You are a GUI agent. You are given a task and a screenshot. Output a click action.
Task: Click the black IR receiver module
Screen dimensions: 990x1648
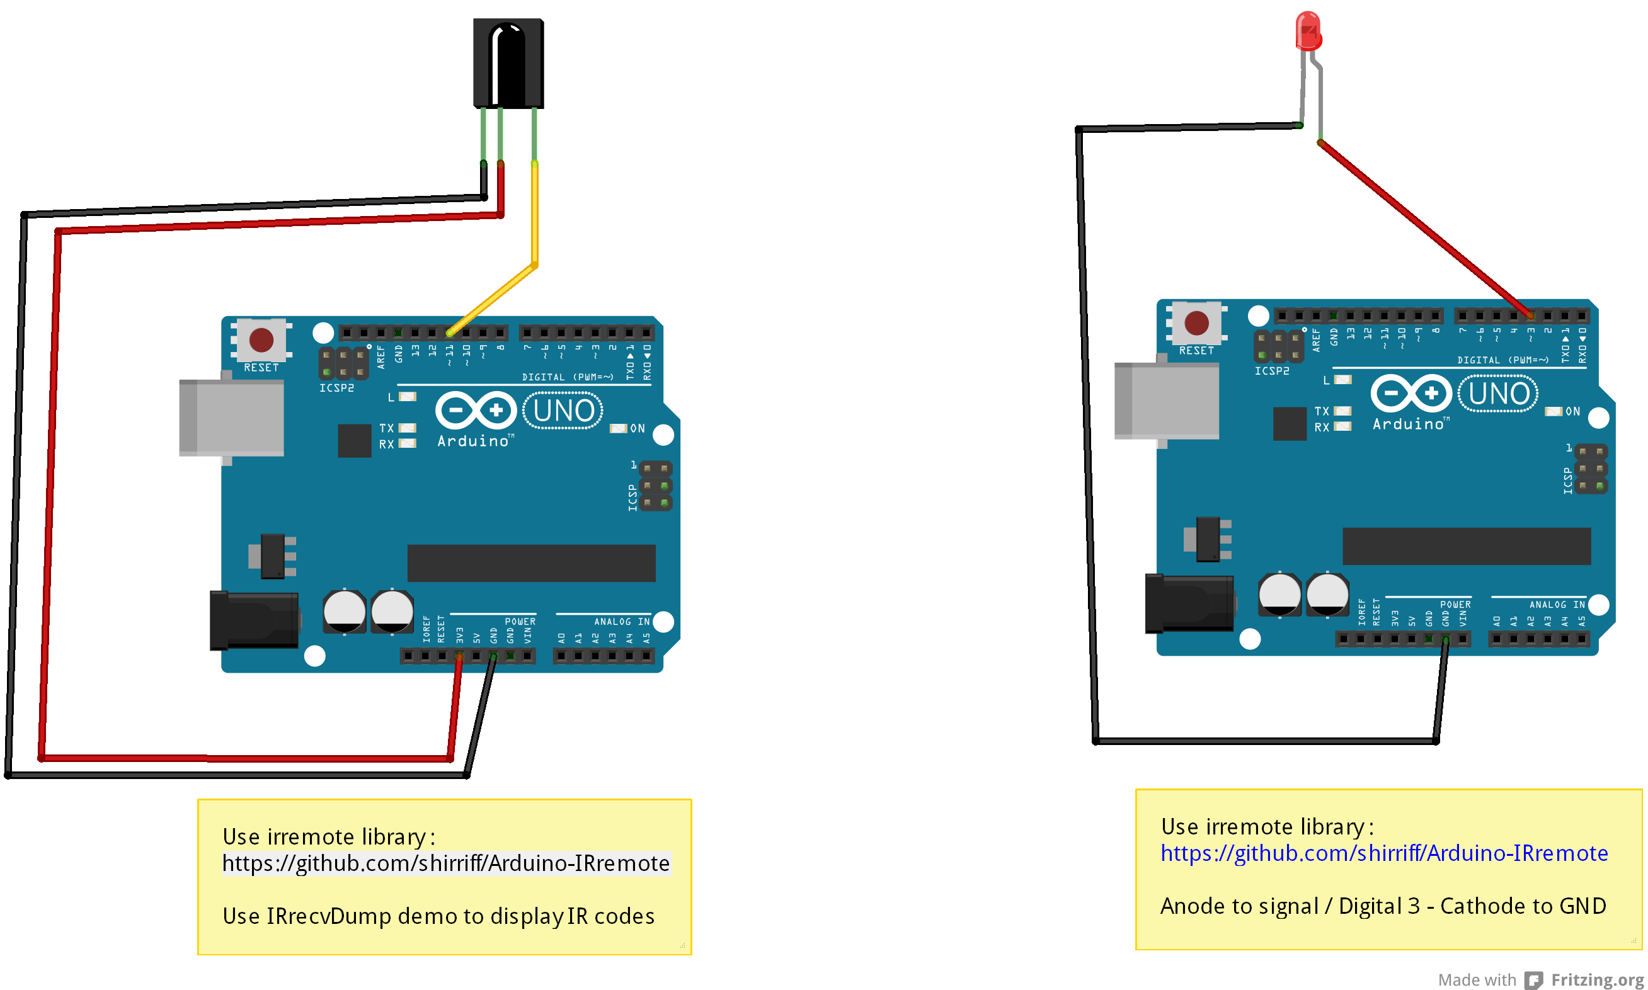[508, 64]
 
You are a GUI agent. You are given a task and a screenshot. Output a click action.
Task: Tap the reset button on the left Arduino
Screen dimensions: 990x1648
[261, 339]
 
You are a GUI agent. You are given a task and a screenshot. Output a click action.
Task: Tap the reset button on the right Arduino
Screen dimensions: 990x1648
[1196, 323]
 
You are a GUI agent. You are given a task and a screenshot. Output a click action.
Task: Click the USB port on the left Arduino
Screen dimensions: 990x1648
[232, 418]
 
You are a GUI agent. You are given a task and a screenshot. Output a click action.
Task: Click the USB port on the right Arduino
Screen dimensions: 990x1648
[1166, 401]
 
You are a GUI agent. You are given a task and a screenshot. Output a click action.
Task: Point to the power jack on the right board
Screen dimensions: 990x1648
[1189, 603]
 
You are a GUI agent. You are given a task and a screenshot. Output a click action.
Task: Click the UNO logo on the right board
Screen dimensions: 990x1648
[1499, 394]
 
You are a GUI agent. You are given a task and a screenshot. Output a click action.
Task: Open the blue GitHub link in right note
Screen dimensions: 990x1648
[1384, 853]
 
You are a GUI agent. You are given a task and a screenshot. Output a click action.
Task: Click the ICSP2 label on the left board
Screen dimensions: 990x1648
[336, 387]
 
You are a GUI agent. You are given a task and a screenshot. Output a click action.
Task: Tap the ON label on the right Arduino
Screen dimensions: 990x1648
[1572, 412]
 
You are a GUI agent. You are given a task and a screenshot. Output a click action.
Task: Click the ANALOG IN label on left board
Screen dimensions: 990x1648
[621, 621]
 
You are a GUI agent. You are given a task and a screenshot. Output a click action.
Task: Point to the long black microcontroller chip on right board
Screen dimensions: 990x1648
[1466, 546]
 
